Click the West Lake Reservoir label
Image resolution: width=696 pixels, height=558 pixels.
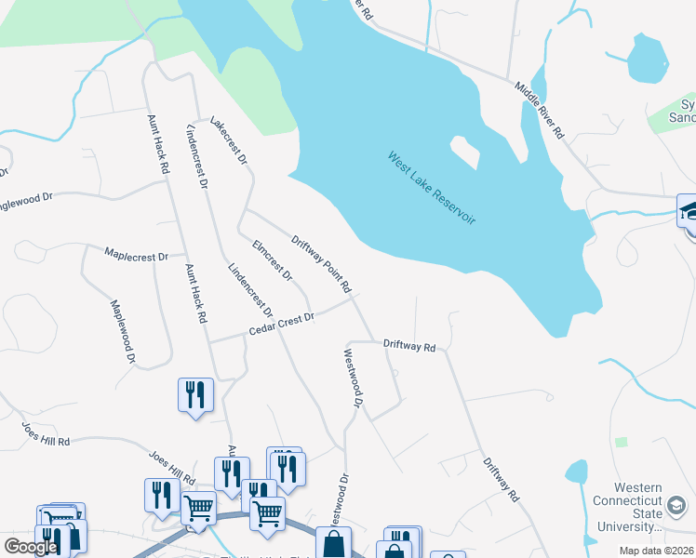pyautogui.click(x=432, y=188)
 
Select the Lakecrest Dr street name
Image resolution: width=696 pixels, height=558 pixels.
pyautogui.click(x=229, y=141)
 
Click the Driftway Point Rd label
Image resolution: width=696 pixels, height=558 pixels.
pyautogui.click(x=321, y=259)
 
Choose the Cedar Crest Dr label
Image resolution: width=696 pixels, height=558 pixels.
pyautogui.click(x=282, y=324)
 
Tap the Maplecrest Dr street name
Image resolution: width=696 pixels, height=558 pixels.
pyautogui.click(x=136, y=254)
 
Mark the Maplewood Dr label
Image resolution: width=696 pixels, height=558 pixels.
pyautogui.click(x=124, y=331)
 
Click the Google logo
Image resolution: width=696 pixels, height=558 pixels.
pyautogui.click(x=31, y=546)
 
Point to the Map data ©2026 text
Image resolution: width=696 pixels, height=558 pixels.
pyautogui.click(x=656, y=551)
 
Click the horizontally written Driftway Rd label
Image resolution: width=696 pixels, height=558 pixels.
pyautogui.click(x=409, y=345)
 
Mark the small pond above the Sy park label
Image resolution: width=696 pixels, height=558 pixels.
pyautogui.click(x=642, y=60)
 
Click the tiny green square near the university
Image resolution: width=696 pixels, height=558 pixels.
pyautogui.click(x=621, y=442)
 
